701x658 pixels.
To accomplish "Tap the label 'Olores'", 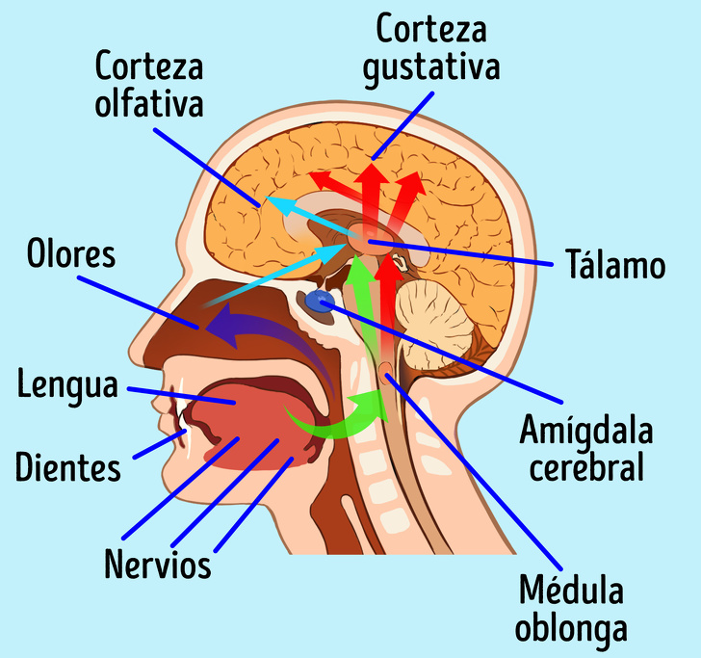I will [70, 255].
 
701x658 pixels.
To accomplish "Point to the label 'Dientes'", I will [68, 468].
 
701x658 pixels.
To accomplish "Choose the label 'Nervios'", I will [159, 564].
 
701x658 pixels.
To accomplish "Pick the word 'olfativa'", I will [149, 102].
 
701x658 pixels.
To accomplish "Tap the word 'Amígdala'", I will [585, 430].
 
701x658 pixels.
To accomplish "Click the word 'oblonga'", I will [571, 627].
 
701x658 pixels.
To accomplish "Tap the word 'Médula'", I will [571, 590].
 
